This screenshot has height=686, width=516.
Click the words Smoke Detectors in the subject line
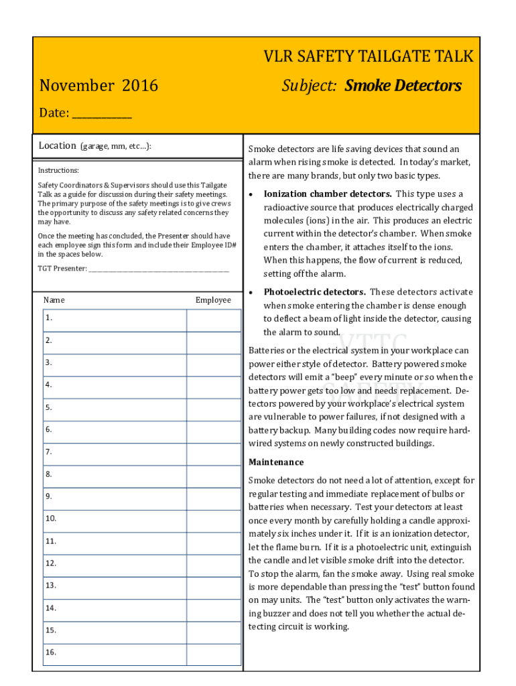point(403,86)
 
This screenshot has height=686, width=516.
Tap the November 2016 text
point(99,86)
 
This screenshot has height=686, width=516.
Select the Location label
point(57,145)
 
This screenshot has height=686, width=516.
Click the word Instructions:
point(58,171)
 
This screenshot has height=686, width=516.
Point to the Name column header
point(54,300)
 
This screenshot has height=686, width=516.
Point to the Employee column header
point(213,300)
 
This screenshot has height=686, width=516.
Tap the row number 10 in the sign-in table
point(51,519)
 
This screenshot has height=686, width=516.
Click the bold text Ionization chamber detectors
point(328,194)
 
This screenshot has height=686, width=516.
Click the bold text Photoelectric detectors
point(314,292)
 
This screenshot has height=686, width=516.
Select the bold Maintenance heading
point(276,462)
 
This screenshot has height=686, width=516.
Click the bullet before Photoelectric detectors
point(251,293)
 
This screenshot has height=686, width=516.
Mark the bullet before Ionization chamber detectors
point(251,194)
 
